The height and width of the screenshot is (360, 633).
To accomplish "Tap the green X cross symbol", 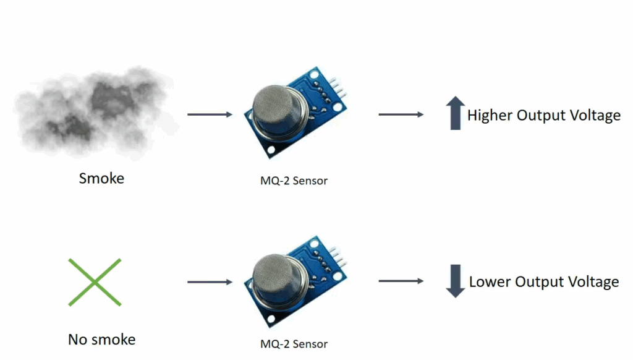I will click(94, 282).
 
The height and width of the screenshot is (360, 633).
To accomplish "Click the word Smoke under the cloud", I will click(101, 179).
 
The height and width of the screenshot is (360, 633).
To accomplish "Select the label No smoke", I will click(101, 340).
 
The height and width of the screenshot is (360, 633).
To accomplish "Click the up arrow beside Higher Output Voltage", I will click(456, 114).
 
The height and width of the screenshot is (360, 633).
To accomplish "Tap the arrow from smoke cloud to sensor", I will click(210, 114).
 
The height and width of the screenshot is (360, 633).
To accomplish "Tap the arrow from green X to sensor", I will click(210, 282).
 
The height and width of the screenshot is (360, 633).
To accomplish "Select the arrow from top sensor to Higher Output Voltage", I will click(401, 114).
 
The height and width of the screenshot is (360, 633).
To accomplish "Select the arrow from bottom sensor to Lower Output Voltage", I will click(401, 281).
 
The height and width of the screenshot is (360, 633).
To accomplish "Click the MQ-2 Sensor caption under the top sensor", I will click(294, 181).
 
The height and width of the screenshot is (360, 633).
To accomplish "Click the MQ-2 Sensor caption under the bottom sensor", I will click(294, 344).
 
